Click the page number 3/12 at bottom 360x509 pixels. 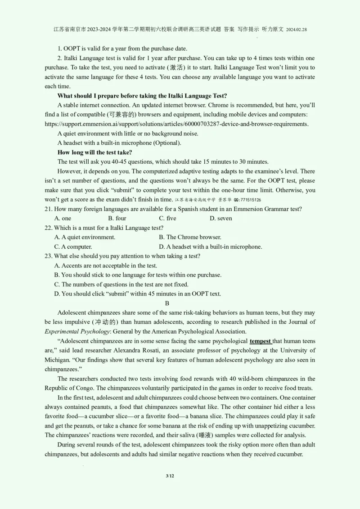tap(170, 476)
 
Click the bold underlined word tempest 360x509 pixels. tap(261, 341)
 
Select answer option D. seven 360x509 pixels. tap(220, 218)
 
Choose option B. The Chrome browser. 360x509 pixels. tap(190, 237)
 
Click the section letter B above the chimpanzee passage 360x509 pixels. tap(167, 303)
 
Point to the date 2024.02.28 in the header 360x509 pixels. tap(296, 29)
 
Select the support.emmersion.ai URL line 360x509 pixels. tap(176, 124)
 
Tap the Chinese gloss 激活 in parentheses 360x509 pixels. tap(175, 67)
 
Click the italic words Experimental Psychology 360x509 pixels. tap(77, 331)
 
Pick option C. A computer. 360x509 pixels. tap(73, 246)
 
